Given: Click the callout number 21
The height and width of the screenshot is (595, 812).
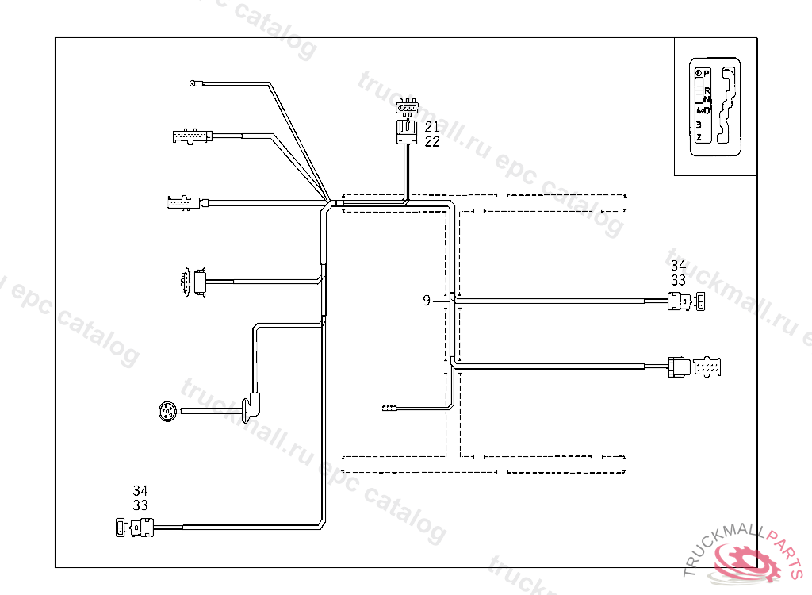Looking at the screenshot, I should point(431,127).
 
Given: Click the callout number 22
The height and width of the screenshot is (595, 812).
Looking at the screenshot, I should point(431,141).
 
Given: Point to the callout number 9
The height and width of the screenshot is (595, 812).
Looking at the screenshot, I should point(427,301).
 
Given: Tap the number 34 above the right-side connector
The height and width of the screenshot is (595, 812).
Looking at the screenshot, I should point(678,266).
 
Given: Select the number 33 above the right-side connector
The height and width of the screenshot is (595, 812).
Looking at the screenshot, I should point(678,280).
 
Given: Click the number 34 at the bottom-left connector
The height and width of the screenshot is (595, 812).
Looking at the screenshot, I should point(140,491).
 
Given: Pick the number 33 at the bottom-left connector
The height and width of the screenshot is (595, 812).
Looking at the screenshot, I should point(140,505).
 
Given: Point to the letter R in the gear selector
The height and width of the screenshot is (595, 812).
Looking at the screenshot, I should point(707,90).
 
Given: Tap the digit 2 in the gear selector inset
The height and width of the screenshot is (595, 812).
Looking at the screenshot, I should point(699,137).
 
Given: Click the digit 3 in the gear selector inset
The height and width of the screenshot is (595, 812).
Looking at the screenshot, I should point(699,124).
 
